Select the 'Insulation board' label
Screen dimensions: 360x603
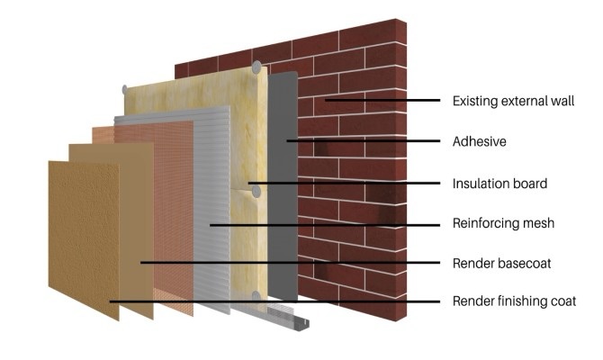[x=499, y=183]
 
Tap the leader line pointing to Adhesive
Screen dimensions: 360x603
[x=360, y=141]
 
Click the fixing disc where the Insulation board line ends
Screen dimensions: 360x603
[x=256, y=190]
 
